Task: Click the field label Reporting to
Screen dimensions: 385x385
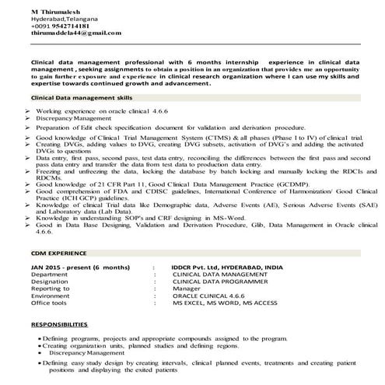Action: [52, 290]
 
